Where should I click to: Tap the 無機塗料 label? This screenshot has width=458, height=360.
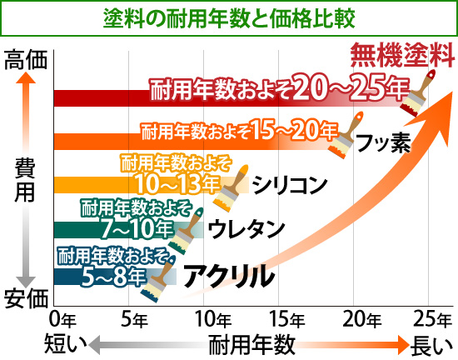click(x=402, y=58)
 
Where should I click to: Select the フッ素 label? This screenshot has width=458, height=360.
click(x=383, y=142)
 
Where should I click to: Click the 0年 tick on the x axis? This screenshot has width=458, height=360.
click(x=63, y=317)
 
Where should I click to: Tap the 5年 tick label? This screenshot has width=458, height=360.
click(x=135, y=317)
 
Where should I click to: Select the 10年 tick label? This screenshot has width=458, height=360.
click(x=211, y=317)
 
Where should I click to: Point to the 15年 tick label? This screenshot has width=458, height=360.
click(x=285, y=317)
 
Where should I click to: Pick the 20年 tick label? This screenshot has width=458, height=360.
click(x=361, y=317)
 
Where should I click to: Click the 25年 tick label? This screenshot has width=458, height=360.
click(x=430, y=317)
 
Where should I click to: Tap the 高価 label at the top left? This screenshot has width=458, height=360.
click(x=25, y=60)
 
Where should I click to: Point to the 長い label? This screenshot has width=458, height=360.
click(x=430, y=343)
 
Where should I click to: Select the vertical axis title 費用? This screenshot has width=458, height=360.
click(x=24, y=178)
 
